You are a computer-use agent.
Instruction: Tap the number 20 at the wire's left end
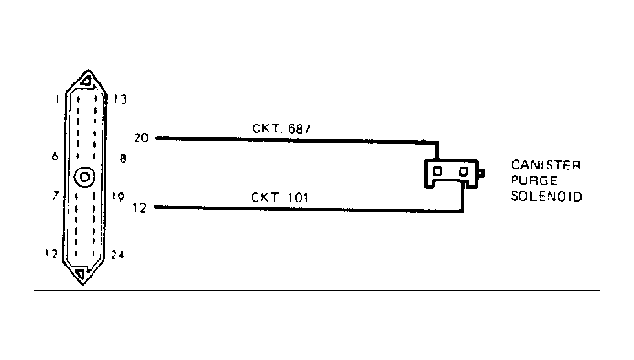pyautogui.click(x=141, y=138)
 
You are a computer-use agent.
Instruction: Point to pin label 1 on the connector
pyautogui.click(x=57, y=98)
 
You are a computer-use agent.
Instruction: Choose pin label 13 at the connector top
pyautogui.click(x=119, y=99)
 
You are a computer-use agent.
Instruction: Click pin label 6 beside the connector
pyautogui.click(x=56, y=157)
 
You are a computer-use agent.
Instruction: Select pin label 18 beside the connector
pyautogui.click(x=120, y=158)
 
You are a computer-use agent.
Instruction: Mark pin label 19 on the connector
pyautogui.click(x=120, y=196)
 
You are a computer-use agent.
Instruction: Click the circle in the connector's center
pyautogui.click(x=85, y=179)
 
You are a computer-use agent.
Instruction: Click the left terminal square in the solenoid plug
pyautogui.click(x=437, y=171)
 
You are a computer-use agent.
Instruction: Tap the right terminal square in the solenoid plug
pyautogui.click(x=465, y=171)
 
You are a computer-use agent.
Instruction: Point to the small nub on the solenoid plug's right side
pyautogui.click(x=482, y=171)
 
